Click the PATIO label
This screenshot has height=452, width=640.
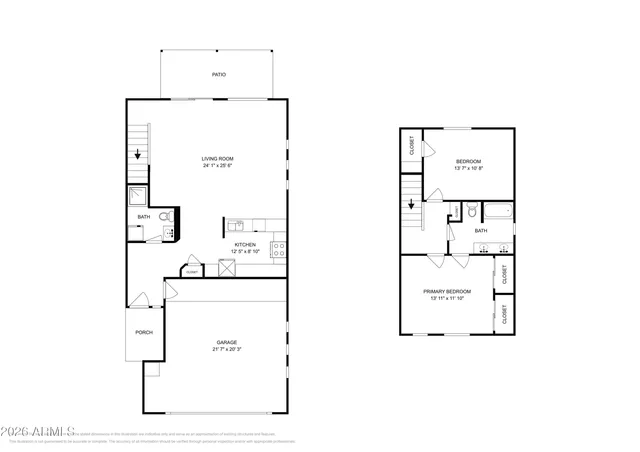coord(218,75)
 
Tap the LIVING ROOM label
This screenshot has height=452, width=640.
coord(218,159)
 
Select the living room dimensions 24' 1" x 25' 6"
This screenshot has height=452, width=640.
coord(218,167)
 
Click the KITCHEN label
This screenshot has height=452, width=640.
coord(246,244)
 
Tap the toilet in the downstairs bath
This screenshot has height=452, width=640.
coord(169,214)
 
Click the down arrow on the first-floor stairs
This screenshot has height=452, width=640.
coord(139,155)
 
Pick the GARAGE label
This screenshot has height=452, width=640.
coord(226,342)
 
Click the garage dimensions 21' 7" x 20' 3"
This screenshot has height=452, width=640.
coord(226,350)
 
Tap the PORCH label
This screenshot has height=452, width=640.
coord(143,332)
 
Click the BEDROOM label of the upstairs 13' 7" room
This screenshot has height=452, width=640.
coord(469,161)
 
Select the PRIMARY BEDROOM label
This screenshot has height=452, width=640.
coord(449,291)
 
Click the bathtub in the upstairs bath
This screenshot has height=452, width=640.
coord(496,210)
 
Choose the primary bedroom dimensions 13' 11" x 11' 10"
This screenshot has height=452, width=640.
coord(449,299)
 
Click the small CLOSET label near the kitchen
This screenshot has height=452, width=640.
coord(191,270)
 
